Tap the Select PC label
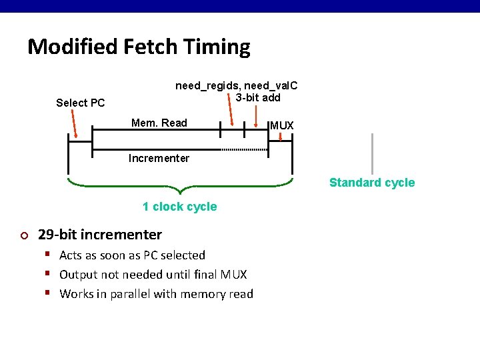80,103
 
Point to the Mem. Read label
159,123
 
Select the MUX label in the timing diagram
281,125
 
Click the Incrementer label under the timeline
159,158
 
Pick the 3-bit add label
258,97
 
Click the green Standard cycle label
371,183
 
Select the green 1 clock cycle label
179,207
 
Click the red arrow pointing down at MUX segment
281,136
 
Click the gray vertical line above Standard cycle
372,153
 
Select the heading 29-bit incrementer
100,235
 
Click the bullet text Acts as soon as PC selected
132,255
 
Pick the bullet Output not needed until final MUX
153,275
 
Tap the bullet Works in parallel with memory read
156,294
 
